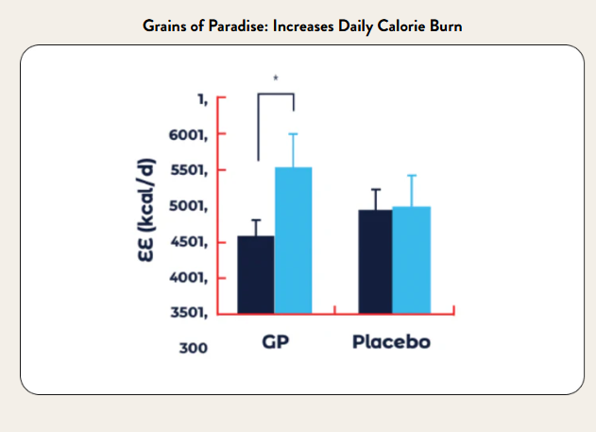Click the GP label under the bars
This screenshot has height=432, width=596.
[275, 341]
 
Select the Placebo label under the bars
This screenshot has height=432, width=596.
[391, 341]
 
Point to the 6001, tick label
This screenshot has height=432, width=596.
[190, 134]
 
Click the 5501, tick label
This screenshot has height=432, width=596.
[190, 170]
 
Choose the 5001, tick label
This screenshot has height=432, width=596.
[190, 206]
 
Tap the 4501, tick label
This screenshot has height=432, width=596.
[190, 242]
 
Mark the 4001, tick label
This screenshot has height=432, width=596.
[190, 278]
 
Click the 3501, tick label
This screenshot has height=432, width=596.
[190, 313]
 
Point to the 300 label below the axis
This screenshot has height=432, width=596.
[193, 348]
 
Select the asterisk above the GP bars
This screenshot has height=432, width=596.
[276, 78]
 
